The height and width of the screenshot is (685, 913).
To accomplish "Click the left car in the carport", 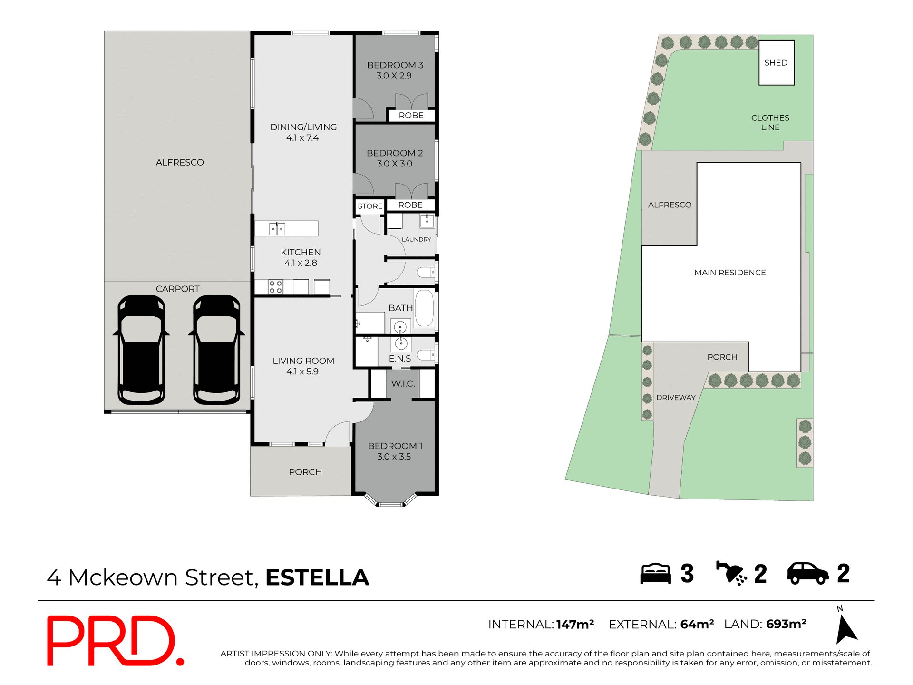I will tap(141, 350).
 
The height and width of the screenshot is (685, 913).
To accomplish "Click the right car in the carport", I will tap(216, 350).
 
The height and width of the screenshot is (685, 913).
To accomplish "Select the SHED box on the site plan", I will tap(776, 63).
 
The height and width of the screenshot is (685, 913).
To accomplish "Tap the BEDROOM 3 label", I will tap(395, 65).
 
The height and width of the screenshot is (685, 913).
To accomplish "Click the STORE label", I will tap(370, 206).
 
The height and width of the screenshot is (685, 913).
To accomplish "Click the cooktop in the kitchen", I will tap(275, 287).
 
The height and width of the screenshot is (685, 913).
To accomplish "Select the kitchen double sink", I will tap(277, 229).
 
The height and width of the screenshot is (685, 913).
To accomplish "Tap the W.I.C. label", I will tap(403, 384).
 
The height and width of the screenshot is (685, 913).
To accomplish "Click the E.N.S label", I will tap(399, 359).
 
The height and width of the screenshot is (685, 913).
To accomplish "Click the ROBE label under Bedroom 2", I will tap(410, 205).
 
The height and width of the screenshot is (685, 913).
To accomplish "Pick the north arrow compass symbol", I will tap(845, 628).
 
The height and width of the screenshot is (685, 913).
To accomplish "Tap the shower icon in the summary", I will tap(731, 573).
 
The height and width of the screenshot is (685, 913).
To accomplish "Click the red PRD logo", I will tap(114, 641).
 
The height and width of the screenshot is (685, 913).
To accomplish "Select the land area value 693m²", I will tap(786, 624).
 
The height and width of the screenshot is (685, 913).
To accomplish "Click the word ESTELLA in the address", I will tap(317, 577).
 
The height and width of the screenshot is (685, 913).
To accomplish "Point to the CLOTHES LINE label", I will tap(770, 123).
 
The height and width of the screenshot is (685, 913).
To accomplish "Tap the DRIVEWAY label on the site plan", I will tap(676, 398).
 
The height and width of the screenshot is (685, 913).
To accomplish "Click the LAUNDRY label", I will tap(416, 239).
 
